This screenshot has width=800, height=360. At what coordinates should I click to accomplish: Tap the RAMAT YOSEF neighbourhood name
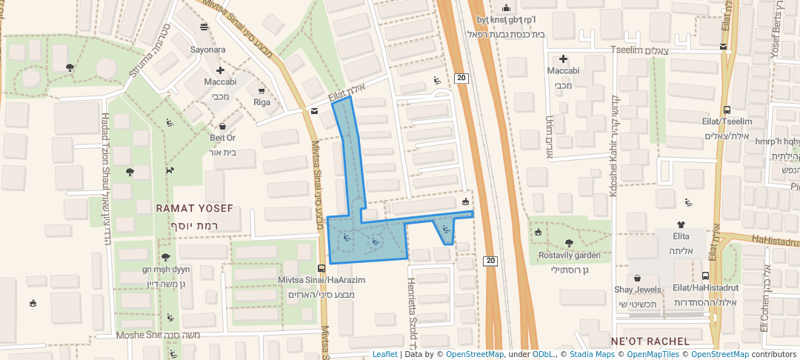194,209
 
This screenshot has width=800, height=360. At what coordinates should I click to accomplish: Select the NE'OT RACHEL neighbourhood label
650,341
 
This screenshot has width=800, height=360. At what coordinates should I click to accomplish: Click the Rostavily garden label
570,256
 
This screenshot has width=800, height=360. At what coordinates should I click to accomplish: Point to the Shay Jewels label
637,290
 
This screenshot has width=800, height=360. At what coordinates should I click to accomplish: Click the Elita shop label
681,236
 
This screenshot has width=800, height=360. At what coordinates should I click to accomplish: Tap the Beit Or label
222,138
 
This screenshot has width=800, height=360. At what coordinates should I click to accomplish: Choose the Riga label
261,102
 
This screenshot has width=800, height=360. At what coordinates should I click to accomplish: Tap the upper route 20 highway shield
461,78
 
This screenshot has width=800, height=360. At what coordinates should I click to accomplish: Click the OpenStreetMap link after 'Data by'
475,354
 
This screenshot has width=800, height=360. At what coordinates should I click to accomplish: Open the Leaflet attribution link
384,354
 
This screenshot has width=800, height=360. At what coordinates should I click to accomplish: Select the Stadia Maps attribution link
591,354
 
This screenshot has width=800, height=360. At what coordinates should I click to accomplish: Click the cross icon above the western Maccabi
220,70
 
